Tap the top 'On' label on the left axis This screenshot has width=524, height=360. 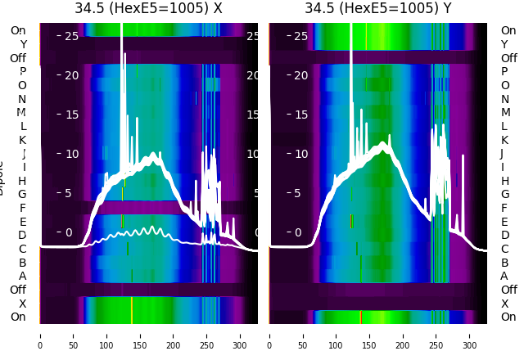coord(17,30)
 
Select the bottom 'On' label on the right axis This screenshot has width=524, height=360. coord(508,317)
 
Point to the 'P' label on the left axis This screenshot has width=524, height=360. coord(23,71)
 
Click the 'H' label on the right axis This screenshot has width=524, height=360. coord(504,181)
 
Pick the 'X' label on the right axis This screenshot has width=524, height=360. coord(504,304)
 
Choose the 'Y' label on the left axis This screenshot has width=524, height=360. coord(23,44)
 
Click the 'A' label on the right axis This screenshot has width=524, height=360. coord(504,276)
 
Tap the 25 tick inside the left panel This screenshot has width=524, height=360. coord(72,36)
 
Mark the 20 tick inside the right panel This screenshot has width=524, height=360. coord(300,75)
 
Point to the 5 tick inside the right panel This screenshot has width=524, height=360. coord(297,194)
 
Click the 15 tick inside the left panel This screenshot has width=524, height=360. coord(72,115)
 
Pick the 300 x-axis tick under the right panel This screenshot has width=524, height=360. coord(470,335)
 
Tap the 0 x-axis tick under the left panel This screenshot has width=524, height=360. coord(39,335)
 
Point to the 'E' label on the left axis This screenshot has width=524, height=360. coord(23,222)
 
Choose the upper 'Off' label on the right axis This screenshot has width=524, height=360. coord(508,58)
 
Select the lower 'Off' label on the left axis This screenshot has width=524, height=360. coord(17,290)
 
